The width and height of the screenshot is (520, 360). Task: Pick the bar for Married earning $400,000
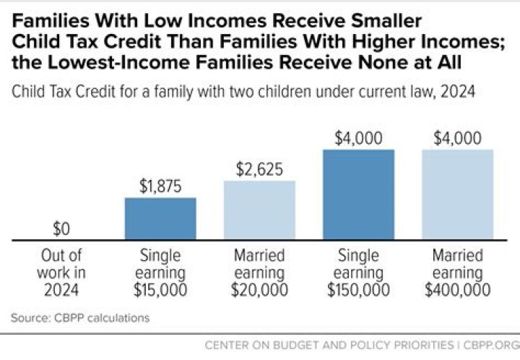[457, 194]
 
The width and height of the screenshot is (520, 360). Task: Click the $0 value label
[61, 228]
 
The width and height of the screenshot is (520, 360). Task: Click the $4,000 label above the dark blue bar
[359, 137]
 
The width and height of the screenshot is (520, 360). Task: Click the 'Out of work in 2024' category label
[61, 273]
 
